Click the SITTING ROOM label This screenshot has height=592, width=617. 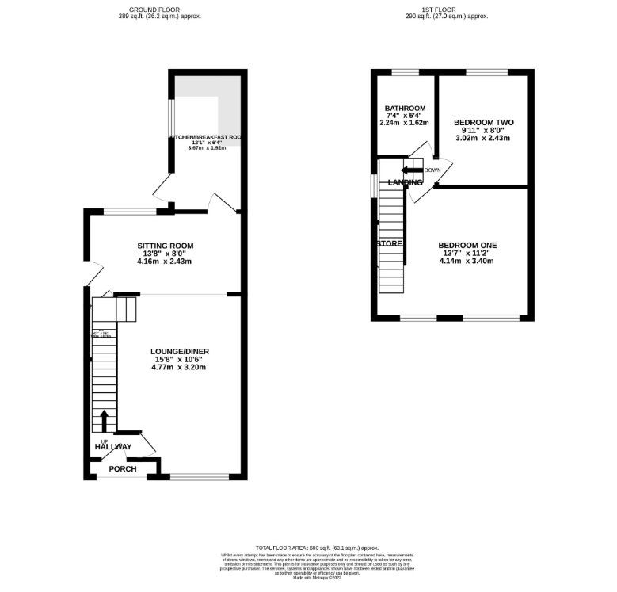(165, 246)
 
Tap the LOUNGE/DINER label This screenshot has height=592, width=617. (180, 351)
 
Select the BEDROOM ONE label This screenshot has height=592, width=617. (467, 245)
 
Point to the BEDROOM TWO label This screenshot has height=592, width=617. (484, 122)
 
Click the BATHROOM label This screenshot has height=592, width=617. (405, 109)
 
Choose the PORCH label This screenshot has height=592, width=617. (123, 469)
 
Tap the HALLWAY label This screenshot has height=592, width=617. (113, 447)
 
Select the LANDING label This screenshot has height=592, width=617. (405, 183)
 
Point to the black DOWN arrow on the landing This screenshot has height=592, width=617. (410, 170)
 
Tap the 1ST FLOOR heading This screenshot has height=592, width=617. (447, 9)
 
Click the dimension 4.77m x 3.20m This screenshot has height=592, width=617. (180, 368)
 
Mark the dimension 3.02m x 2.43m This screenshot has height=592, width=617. (484, 139)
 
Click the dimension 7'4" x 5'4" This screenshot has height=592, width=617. (405, 116)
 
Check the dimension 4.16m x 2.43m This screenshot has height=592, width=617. (165, 262)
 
